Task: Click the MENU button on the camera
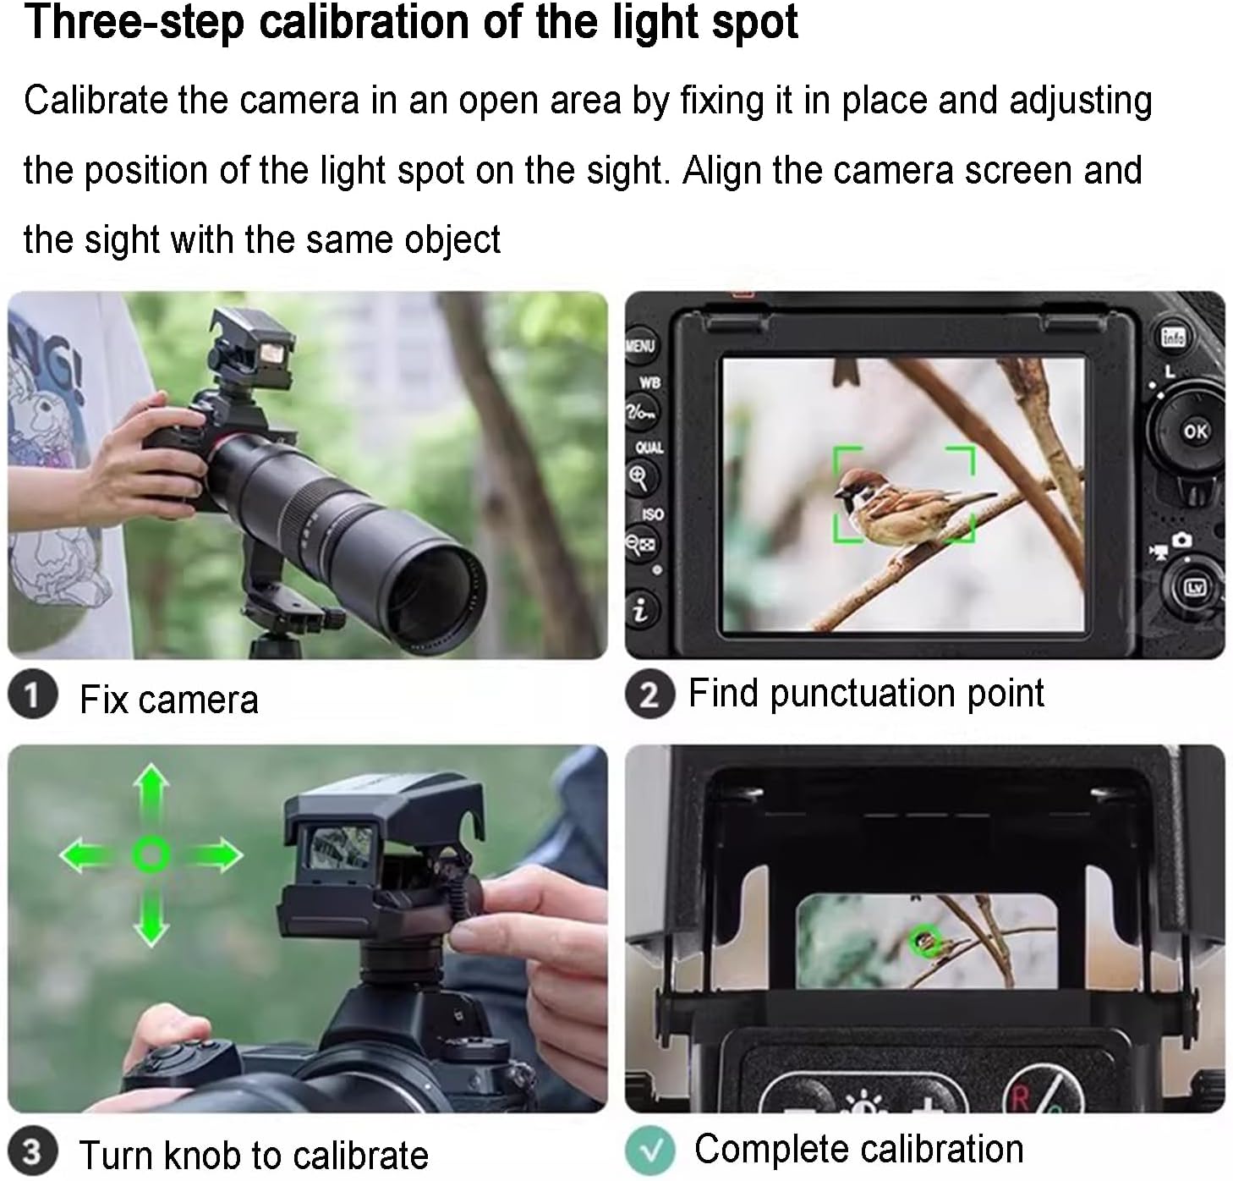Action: pyautogui.click(x=640, y=346)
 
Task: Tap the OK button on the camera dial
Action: pyautogui.click(x=1195, y=431)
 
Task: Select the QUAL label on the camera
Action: pyautogui.click(x=649, y=448)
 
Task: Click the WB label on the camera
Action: pyautogui.click(x=649, y=383)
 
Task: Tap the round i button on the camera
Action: pyautogui.click(x=641, y=611)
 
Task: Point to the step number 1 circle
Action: pyautogui.click(x=33, y=695)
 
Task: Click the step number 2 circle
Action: pyautogui.click(x=650, y=695)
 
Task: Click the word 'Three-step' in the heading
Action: pyautogui.click(x=134, y=22)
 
